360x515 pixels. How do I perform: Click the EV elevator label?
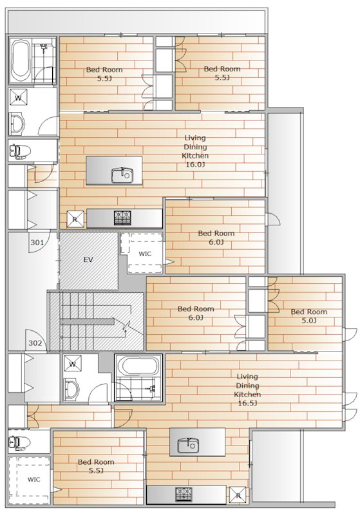tap(88, 260)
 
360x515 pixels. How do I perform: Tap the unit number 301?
tap(37, 243)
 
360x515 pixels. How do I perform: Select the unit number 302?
tap(35, 343)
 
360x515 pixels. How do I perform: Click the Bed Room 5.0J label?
tap(308, 316)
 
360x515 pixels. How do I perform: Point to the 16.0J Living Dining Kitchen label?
tap(195, 151)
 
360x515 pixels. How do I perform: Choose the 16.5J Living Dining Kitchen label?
tap(247, 390)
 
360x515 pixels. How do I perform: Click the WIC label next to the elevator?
tap(145, 254)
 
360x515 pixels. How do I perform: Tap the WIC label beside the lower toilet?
tap(33, 480)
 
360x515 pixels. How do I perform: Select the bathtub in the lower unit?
tap(138, 366)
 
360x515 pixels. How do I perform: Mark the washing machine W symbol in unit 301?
tap(18, 98)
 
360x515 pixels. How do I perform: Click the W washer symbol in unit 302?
tap(73, 364)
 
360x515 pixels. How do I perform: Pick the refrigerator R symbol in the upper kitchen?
tap(75, 219)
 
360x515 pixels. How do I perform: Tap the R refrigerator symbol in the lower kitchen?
tap(238, 495)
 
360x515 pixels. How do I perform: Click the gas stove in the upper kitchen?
tap(122, 218)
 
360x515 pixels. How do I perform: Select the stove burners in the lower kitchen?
tap(184, 494)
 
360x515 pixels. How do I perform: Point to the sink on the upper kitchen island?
tap(122, 175)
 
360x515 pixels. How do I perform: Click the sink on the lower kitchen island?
tap(188, 445)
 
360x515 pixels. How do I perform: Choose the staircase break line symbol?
tap(126, 326)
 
